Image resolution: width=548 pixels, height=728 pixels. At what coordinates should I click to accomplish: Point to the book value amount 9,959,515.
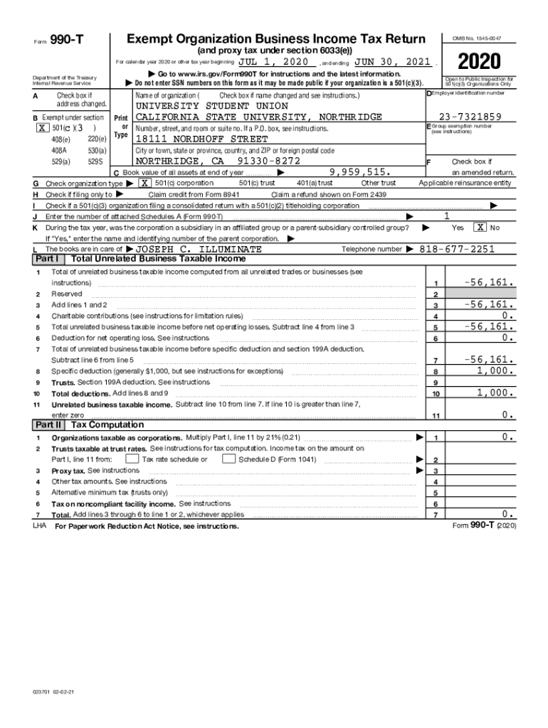click(361, 173)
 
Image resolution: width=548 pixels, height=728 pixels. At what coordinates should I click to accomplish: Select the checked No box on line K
click(481, 227)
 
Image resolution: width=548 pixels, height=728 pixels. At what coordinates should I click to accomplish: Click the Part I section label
click(47, 259)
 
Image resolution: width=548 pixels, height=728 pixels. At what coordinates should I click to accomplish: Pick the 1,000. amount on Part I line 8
click(495, 370)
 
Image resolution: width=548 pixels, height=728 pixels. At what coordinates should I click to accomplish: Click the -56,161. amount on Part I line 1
click(489, 282)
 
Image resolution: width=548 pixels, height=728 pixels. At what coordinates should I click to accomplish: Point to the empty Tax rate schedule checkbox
click(132, 459)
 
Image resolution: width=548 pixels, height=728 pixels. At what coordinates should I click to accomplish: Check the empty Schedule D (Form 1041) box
click(228, 459)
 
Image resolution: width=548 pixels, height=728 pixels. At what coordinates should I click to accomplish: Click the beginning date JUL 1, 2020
click(273, 62)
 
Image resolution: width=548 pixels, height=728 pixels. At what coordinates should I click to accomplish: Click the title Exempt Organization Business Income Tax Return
click(275, 38)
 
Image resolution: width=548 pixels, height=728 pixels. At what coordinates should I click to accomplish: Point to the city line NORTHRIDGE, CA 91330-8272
click(213, 161)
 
